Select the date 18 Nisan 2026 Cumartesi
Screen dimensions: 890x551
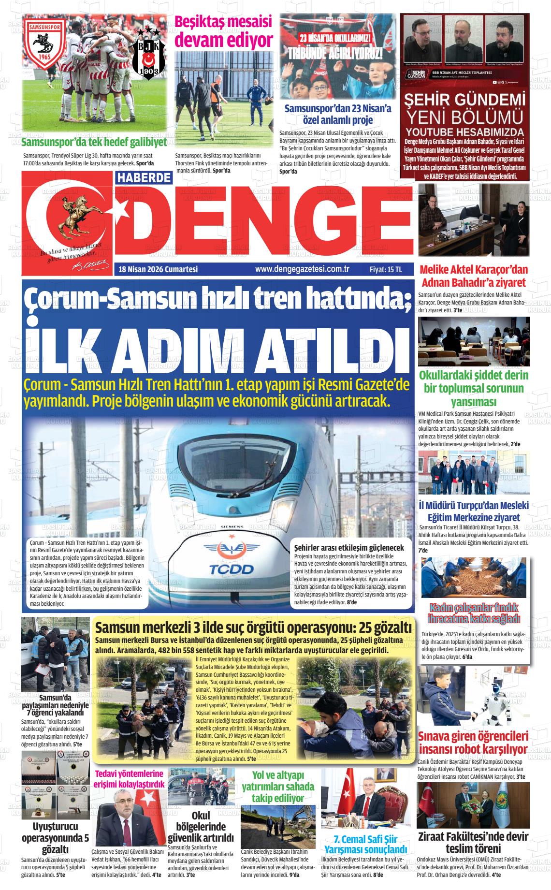(x=159, y=269)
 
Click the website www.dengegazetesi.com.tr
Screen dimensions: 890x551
(x=302, y=269)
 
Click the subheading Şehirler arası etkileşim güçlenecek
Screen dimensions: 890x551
(x=349, y=548)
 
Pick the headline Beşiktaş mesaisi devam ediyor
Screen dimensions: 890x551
(x=223, y=31)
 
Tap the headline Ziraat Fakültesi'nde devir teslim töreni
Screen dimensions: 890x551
(x=473, y=842)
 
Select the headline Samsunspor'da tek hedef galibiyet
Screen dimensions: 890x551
(x=94, y=142)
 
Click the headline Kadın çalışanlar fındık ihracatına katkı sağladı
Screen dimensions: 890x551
(x=474, y=613)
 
